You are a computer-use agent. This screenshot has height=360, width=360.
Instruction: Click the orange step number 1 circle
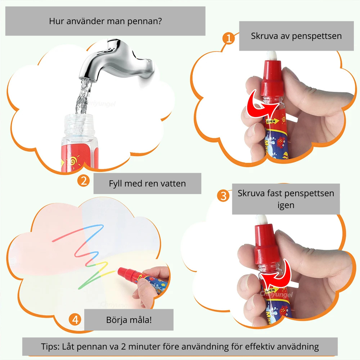[x=229, y=38]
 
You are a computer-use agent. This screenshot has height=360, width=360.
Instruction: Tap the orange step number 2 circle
[x=84, y=181]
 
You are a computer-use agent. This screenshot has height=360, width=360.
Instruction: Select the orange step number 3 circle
[x=223, y=196]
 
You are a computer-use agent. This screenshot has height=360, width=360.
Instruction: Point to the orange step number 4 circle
[x=75, y=320]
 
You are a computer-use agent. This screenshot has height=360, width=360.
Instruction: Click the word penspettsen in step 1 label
[x=317, y=36]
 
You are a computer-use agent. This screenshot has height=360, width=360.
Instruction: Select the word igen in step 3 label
[x=286, y=205]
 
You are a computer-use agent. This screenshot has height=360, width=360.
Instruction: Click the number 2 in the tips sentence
[x=123, y=346]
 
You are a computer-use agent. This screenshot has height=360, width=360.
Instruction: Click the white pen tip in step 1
[x=273, y=56]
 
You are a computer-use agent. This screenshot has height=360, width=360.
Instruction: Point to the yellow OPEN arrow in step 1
[x=272, y=121]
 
